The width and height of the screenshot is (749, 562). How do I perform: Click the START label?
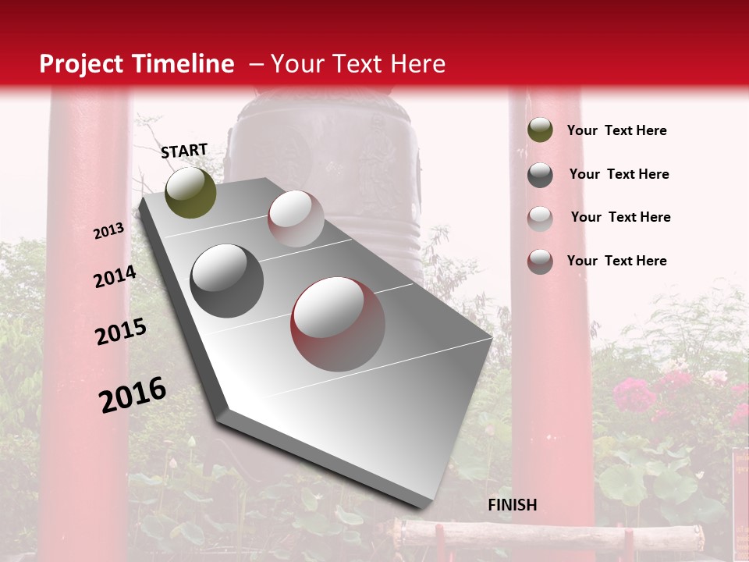point(184,151)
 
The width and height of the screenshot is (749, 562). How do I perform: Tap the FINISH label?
point(512,505)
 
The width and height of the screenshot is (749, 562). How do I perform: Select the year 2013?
point(109,231)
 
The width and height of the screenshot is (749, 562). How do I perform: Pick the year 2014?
point(115,277)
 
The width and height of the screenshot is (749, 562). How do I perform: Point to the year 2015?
point(121,332)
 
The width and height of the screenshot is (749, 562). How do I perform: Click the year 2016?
point(133,395)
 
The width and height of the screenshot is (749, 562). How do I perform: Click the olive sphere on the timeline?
point(190,192)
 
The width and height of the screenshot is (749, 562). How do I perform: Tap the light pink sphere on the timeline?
point(296,219)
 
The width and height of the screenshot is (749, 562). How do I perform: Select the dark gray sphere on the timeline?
point(227,280)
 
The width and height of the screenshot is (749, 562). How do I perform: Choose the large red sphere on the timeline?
point(338,324)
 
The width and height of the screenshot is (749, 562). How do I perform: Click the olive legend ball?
point(540,130)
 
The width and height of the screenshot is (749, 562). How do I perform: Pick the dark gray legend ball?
point(540,174)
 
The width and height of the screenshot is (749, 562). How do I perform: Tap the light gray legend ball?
point(540,218)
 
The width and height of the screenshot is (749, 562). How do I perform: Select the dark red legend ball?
point(540,261)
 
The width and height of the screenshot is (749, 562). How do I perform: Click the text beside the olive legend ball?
point(616,130)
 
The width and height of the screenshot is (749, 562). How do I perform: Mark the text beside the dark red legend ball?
point(616,261)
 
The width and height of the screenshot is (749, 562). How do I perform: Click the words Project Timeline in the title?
point(137,64)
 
